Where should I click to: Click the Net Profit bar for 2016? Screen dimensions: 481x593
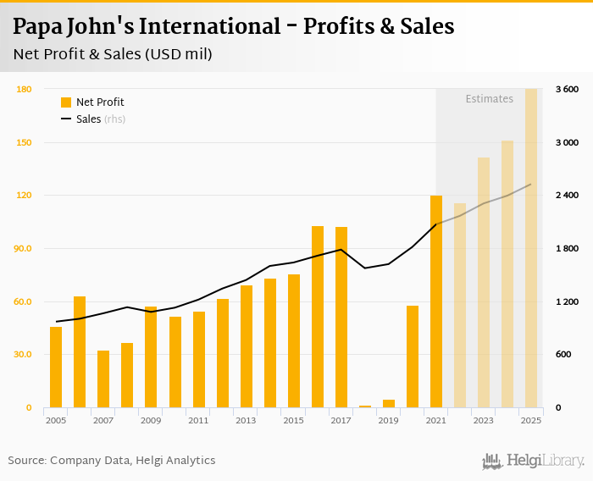318,317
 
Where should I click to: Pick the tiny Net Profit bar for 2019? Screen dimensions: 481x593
389,404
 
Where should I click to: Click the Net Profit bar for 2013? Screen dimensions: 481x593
247,346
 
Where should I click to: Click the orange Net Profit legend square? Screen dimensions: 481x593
66,102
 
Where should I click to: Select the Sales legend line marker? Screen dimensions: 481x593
66,119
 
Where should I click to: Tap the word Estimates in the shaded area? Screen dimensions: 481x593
489,99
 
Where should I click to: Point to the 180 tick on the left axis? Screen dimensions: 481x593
24,89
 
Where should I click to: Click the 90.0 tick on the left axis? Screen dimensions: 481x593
23,249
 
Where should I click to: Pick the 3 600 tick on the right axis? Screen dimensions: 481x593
567,89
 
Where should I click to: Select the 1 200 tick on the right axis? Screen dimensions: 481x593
567,302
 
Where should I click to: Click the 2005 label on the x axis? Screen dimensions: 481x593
56,421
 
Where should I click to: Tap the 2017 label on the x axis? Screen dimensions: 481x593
341,421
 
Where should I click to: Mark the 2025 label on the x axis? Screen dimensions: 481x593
531,421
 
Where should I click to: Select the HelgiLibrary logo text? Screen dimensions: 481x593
545,462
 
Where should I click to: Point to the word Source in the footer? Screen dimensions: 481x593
26,461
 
